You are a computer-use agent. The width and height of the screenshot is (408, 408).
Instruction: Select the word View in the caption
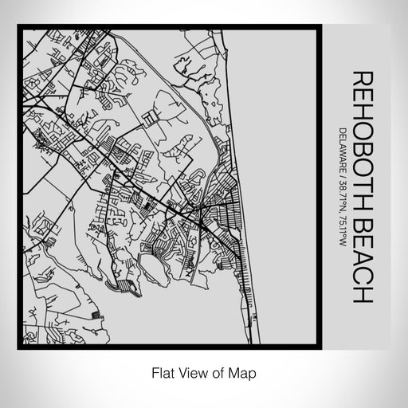click(x=190, y=371)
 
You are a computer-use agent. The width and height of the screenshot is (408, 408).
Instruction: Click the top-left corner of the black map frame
click(x=18, y=27)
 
